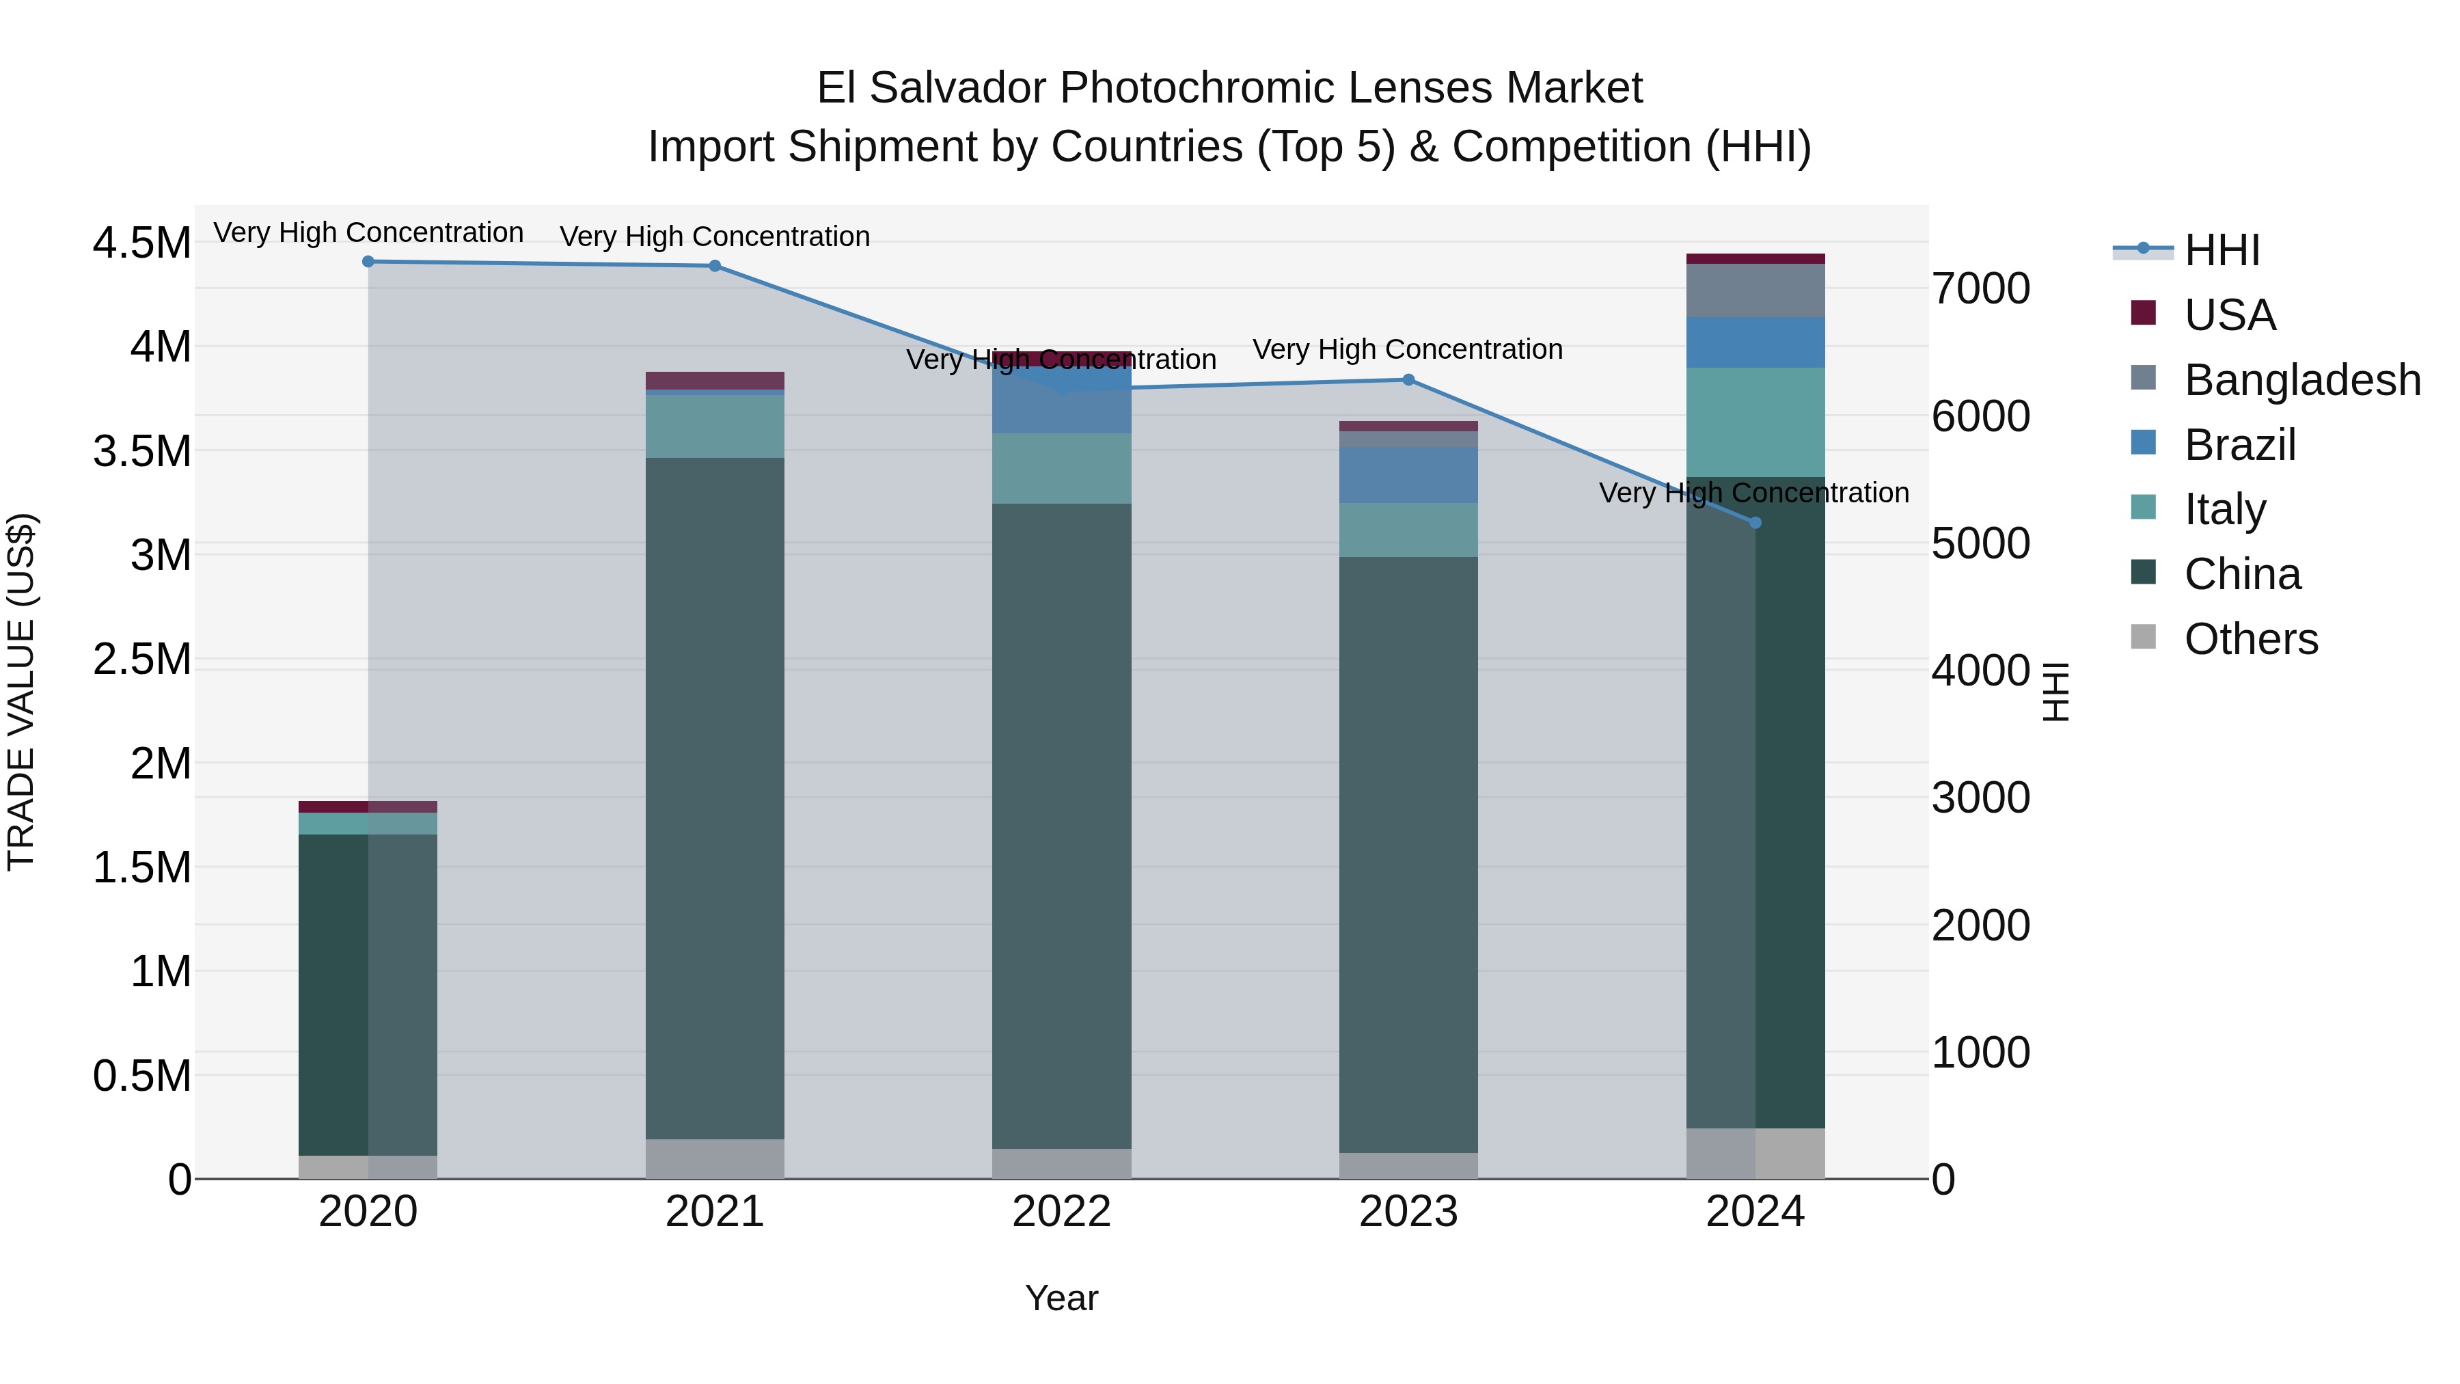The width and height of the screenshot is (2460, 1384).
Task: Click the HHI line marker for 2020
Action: pyautogui.click(x=368, y=262)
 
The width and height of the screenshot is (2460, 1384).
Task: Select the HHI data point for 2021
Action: pyautogui.click(x=715, y=267)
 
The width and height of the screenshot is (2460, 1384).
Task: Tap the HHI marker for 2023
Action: pyautogui.click(x=1408, y=380)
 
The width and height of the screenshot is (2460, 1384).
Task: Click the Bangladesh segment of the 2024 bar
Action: pyautogui.click(x=1755, y=290)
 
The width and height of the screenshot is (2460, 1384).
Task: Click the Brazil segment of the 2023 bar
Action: pyautogui.click(x=1408, y=475)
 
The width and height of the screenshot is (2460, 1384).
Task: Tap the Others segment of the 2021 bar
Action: pyautogui.click(x=715, y=1158)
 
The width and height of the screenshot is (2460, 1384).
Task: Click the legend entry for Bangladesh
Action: pyautogui.click(x=2301, y=380)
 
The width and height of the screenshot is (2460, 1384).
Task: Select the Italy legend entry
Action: pyautogui.click(x=2224, y=510)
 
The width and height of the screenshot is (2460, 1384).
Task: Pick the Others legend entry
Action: pyautogui.click(x=2250, y=639)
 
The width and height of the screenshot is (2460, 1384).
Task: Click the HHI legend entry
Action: pyautogui.click(x=2222, y=250)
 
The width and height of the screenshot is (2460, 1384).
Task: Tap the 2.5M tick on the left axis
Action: pyautogui.click(x=142, y=659)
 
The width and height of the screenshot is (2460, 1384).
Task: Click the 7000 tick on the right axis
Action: pyautogui.click(x=1980, y=288)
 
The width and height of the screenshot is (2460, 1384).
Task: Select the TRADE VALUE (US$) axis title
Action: pyautogui.click(x=22, y=692)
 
